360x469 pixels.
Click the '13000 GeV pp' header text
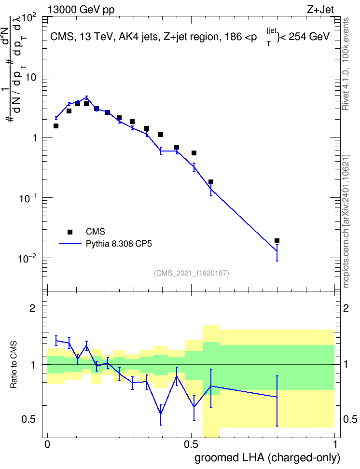[81, 10]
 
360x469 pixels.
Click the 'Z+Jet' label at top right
[320, 10]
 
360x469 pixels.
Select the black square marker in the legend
[70, 232]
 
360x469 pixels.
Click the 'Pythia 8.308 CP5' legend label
[119, 244]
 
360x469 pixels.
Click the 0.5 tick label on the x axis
[191, 444]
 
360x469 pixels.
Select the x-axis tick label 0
[47, 444]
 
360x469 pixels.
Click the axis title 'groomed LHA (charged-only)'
[267, 458]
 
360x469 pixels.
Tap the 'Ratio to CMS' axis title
[14, 365]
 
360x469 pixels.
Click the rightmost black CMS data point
[277, 241]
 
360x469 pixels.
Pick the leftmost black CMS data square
[56, 126]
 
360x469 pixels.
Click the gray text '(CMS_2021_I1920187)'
[192, 273]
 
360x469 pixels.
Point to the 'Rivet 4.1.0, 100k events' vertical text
[346, 64]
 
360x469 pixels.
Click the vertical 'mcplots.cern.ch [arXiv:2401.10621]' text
[346, 221]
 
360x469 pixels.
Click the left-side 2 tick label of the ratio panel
[32, 308]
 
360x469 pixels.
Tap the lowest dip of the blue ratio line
[161, 414]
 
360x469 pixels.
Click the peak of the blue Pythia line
[86, 97]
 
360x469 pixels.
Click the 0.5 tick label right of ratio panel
[350, 419]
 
